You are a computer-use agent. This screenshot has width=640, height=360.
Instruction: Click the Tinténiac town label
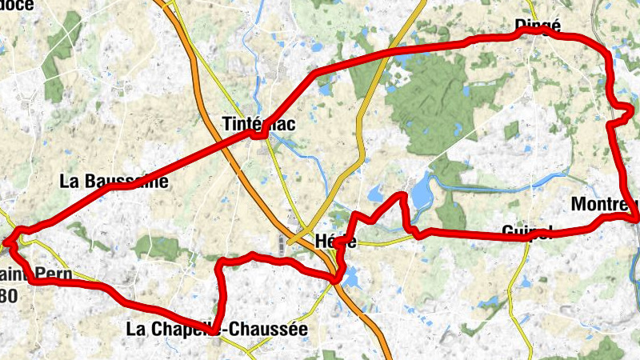[257, 123]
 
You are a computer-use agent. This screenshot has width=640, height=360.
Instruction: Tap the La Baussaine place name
[114, 181]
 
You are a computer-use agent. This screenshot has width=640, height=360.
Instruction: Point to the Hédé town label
[335, 240]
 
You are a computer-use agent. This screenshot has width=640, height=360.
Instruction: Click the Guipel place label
[527, 232]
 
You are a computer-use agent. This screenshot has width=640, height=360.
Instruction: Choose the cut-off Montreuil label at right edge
[605, 205]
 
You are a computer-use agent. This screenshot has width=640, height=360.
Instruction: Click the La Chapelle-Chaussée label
[217, 328]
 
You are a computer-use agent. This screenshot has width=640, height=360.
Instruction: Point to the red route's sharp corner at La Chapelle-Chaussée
[214, 329]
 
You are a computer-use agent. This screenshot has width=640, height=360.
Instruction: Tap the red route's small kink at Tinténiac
[258, 134]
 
